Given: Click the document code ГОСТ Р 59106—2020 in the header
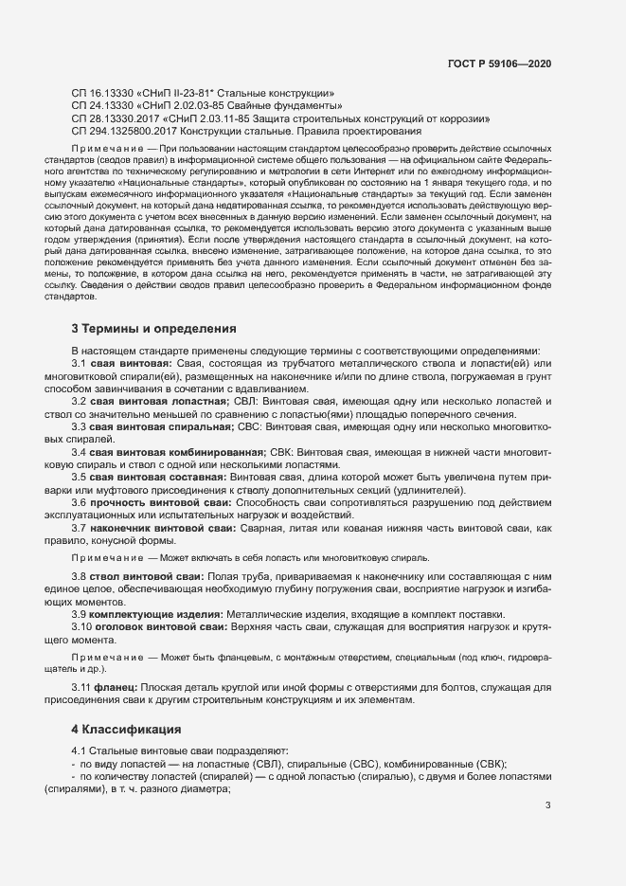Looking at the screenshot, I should coord(499,63).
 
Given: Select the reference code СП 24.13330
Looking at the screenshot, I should coord(101,106).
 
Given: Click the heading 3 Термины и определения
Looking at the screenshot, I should coord(154,329).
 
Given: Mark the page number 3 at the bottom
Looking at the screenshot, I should coord(547,805).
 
